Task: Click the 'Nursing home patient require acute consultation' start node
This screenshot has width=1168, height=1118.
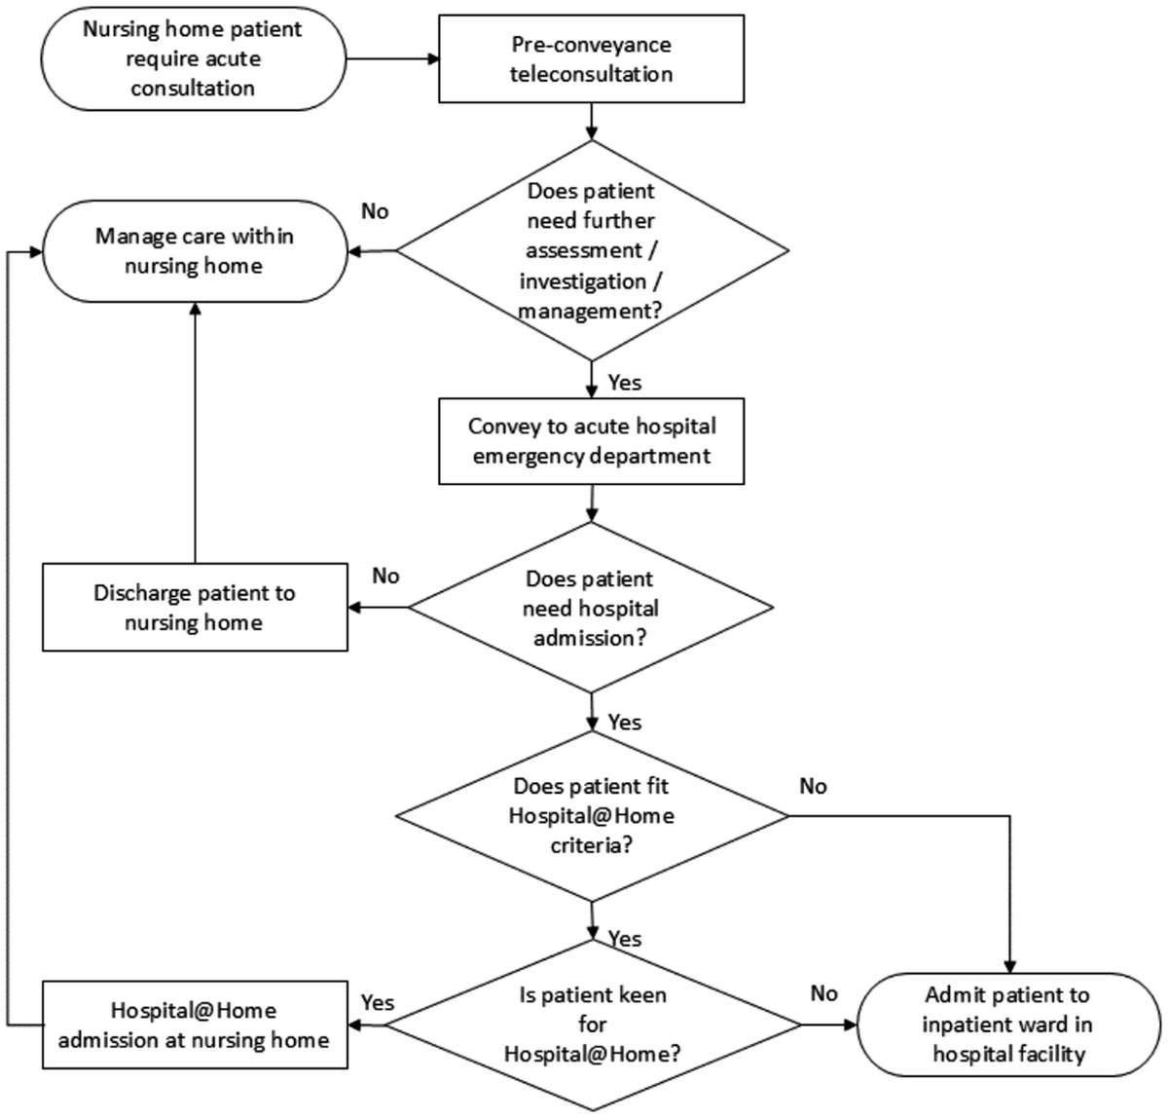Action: tap(193, 58)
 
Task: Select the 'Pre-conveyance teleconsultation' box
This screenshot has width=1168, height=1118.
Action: tap(591, 59)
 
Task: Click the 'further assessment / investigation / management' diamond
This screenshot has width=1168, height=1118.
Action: tap(591, 250)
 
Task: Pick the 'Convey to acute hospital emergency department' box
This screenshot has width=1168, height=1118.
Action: tap(591, 441)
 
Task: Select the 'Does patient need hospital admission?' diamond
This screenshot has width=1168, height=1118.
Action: tap(591, 608)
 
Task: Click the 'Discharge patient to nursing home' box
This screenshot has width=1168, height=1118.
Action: tap(195, 607)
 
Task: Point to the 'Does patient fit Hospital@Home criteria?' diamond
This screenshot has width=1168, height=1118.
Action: tap(591, 815)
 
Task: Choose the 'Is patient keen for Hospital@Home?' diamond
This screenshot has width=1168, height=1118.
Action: tap(591, 1024)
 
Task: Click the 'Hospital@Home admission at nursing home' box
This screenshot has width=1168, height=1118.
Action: tap(195, 1025)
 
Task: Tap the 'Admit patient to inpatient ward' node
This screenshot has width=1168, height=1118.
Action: tap(1007, 1024)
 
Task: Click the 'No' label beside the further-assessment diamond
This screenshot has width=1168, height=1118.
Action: tap(375, 211)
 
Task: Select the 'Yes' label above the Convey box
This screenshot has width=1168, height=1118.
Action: tap(624, 383)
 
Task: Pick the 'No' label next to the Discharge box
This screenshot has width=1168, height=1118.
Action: tap(385, 576)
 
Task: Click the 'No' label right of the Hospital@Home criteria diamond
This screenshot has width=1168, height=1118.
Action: tap(813, 785)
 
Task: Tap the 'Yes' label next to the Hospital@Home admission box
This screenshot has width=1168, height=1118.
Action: tap(378, 1002)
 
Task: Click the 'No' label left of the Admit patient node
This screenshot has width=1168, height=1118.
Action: tap(823, 992)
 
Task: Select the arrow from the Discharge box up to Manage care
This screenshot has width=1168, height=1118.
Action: tap(195, 429)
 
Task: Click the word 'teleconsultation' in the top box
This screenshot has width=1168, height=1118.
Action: tap(591, 74)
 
